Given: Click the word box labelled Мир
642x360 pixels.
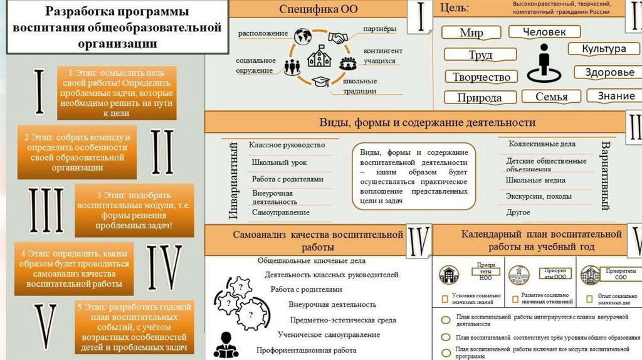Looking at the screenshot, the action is [471, 33].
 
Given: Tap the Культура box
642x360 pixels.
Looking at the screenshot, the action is [604, 49].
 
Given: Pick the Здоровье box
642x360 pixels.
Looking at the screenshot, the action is [609, 72].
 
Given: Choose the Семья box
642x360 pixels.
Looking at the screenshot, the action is [552, 97].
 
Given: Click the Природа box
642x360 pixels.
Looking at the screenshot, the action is [479, 98].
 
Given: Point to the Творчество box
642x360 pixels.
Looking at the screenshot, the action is [481, 77].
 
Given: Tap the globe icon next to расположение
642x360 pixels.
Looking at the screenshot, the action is [303, 34].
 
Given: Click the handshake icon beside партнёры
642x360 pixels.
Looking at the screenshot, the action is [339, 38].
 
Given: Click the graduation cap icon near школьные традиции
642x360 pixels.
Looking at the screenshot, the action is [321, 82].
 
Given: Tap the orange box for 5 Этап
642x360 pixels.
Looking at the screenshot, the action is [132, 327].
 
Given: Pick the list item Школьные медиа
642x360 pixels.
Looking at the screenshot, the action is [535, 180].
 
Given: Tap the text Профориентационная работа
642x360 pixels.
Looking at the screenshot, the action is [307, 351].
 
